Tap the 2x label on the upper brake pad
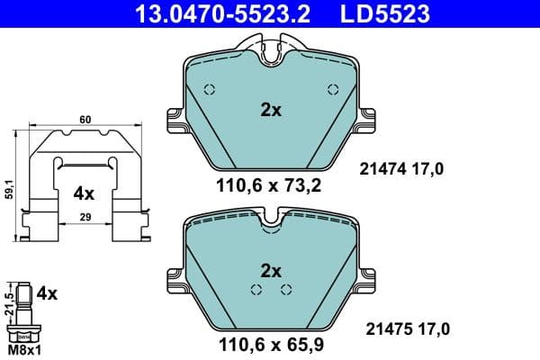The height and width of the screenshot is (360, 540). point(270,111)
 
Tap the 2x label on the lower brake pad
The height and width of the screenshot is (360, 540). point(270,271)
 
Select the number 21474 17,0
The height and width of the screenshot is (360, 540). point(401,167)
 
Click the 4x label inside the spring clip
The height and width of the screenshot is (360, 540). point(84,193)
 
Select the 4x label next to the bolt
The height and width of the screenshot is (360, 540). point(46,293)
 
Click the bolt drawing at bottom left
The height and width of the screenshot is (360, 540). point(23,310)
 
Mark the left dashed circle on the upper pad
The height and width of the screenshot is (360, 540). point(209,89)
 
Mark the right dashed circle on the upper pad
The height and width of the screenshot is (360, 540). point(333,89)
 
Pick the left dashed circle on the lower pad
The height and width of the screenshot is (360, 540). point(256,289)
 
